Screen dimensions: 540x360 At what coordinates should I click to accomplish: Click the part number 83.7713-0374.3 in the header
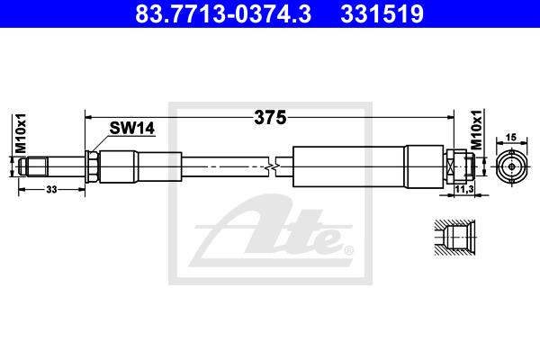point(223,13)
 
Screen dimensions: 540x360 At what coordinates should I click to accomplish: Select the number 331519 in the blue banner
point(382,13)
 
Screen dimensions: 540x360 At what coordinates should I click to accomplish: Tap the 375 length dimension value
point(270,118)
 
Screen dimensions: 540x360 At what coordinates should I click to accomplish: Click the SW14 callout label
point(132,128)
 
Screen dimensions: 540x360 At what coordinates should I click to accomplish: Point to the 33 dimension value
point(51,189)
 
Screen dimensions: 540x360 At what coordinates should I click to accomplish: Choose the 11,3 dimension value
point(464,189)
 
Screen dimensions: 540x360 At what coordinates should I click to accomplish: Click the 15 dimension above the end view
point(511,137)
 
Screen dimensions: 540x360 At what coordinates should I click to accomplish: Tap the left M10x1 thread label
point(21,133)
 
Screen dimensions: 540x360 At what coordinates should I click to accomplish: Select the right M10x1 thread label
point(477,130)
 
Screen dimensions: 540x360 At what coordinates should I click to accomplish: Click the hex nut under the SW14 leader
point(93,166)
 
